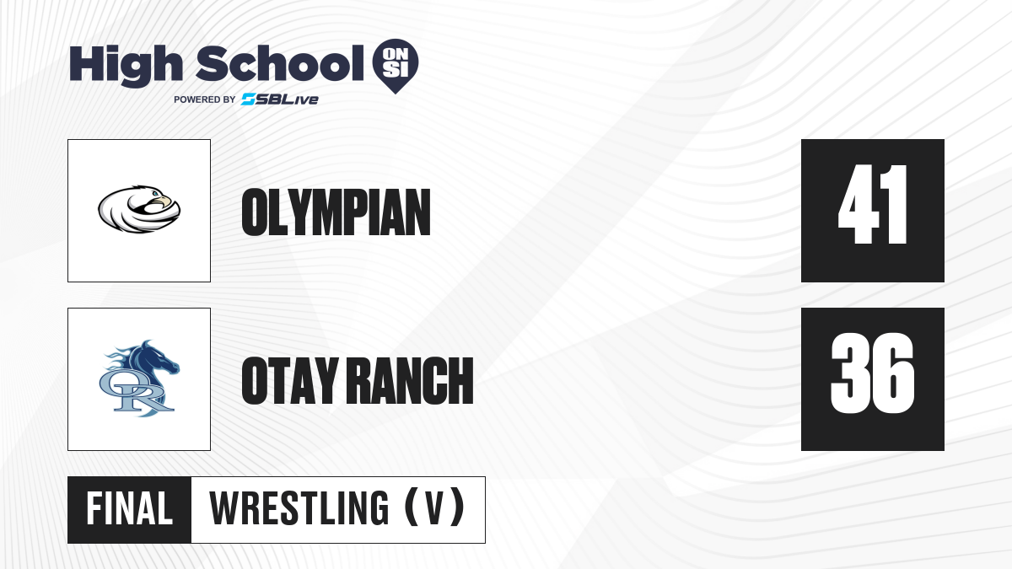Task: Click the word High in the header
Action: coord(126,66)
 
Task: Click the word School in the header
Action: coord(280,63)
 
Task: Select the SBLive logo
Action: coord(280,99)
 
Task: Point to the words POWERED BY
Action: coord(205,99)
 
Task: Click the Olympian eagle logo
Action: coord(139,209)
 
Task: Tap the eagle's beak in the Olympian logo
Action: coord(164,201)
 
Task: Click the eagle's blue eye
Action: coord(155,194)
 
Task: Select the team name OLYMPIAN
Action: coord(336,212)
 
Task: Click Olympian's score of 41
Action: coord(872,204)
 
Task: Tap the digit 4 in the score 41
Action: coord(859,204)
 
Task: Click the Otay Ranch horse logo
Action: coord(139,378)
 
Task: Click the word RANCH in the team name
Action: coord(412,381)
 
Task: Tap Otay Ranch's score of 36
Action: coord(872,373)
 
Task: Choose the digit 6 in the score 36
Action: coord(895,373)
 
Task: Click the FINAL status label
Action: coord(129,509)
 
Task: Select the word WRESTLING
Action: coord(299,509)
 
